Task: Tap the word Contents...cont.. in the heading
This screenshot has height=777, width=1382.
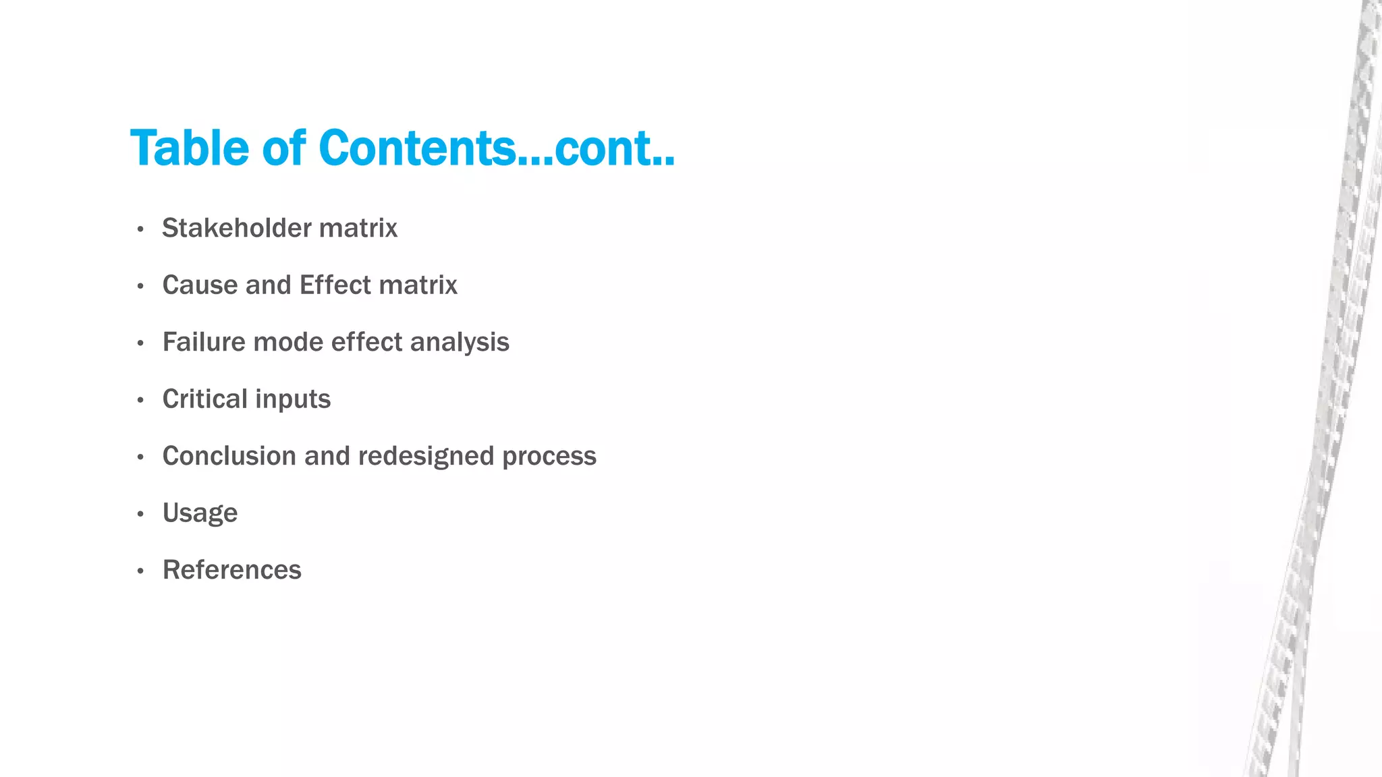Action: click(x=496, y=148)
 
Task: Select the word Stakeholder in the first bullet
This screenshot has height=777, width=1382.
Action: click(x=236, y=228)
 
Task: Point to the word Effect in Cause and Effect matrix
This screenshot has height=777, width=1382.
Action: click(x=335, y=285)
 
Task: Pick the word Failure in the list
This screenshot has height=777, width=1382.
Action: click(x=204, y=342)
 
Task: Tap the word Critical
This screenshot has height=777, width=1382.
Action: click(x=204, y=399)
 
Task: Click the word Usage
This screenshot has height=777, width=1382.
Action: click(x=200, y=513)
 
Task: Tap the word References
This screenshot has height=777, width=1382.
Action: click(x=231, y=570)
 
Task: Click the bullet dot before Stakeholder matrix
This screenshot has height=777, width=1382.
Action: click(x=140, y=229)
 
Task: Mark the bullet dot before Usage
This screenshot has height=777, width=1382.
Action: click(x=140, y=515)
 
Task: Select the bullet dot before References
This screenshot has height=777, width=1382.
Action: click(x=140, y=571)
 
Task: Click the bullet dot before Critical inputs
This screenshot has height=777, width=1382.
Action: click(x=140, y=401)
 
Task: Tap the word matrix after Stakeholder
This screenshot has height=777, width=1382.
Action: click(x=358, y=228)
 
